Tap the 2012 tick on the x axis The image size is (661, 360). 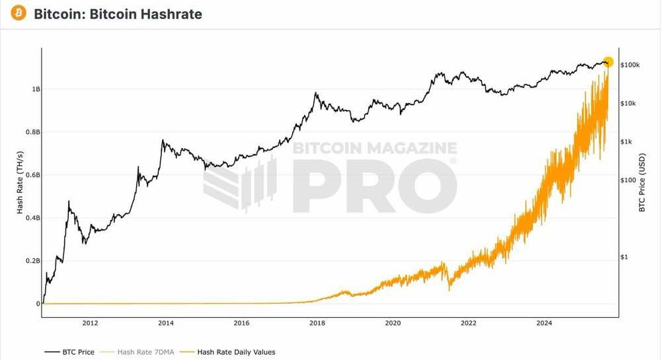90,323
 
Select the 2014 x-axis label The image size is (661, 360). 166,323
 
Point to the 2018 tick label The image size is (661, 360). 317,323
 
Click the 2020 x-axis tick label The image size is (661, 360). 393,323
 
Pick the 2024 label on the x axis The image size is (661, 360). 544,323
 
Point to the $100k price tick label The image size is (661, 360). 631,65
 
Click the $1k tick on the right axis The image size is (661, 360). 629,142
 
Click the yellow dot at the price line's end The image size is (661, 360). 608,62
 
